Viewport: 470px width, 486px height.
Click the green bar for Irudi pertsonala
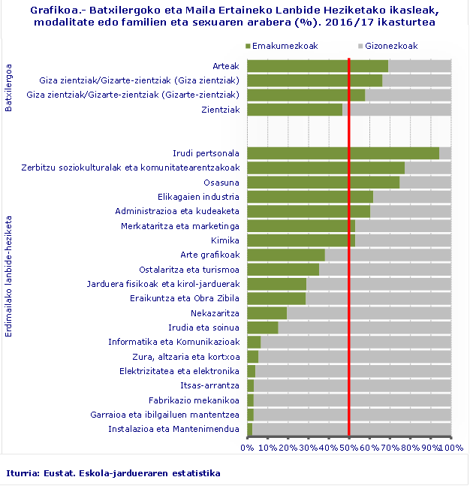point(342,153)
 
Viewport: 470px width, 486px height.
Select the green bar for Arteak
point(317,66)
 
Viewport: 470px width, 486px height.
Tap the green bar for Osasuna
point(323,183)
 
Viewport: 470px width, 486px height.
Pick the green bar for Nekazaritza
point(267,313)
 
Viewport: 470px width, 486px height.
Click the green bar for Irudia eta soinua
point(262,328)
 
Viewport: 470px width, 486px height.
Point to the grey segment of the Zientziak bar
point(396,110)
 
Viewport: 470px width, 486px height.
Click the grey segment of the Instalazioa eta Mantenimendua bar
point(351,429)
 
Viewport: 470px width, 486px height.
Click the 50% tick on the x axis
point(349,448)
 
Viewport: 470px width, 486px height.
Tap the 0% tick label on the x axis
point(247,448)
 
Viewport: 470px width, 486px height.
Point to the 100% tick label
point(450,448)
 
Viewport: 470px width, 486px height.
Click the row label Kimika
point(226,240)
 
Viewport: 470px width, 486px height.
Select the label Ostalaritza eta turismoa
point(189,270)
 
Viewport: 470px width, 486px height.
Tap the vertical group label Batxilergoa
point(9,88)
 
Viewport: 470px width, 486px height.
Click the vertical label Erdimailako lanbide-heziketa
point(9,277)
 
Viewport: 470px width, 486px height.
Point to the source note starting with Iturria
point(113,473)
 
